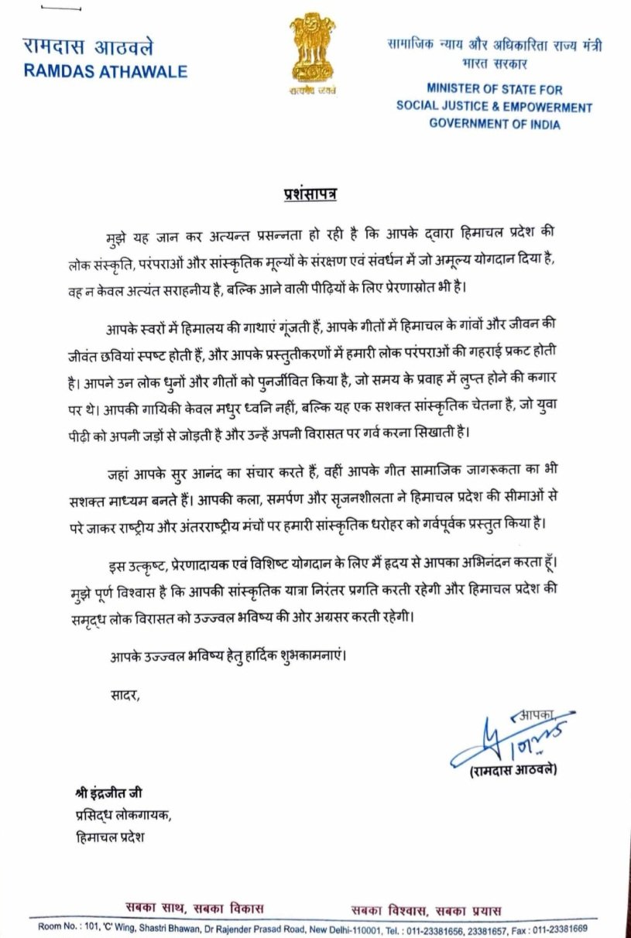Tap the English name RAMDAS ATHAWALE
(105, 71)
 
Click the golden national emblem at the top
(313, 53)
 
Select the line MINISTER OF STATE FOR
(494, 90)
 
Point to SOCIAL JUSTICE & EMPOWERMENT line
(494, 107)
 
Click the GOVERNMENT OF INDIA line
(494, 124)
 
